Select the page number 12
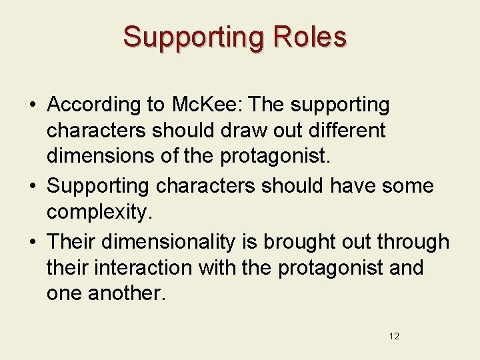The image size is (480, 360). (x=394, y=336)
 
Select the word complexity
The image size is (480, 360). (x=99, y=213)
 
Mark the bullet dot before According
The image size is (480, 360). (x=32, y=105)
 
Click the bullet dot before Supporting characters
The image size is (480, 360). (x=32, y=186)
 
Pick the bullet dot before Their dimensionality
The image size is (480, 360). (x=32, y=242)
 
